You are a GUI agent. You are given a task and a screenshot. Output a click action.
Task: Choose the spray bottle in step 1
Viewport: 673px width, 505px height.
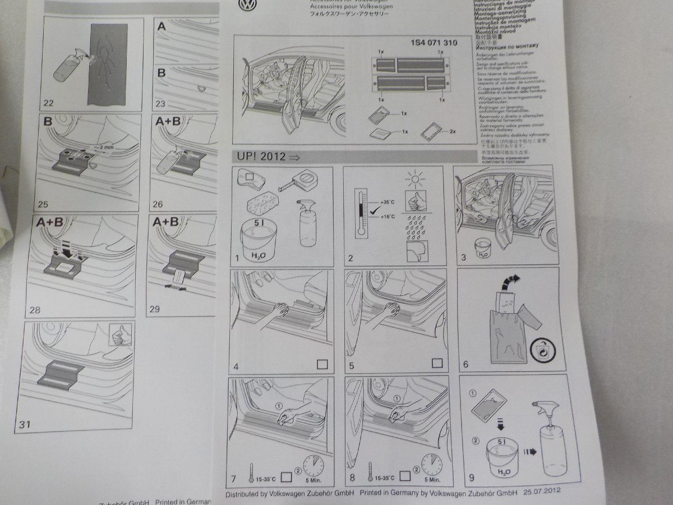(307, 223)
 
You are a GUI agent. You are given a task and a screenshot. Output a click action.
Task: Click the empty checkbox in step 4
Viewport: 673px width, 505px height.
(322, 364)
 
